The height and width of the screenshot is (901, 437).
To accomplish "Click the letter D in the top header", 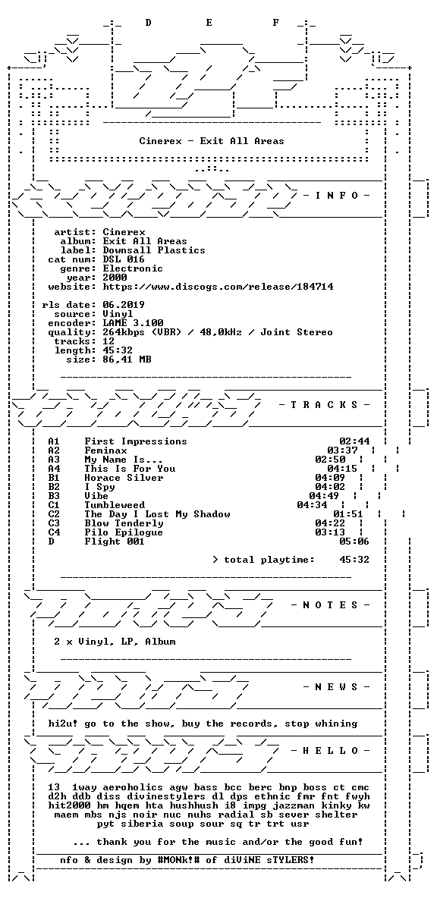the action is pos(149,23).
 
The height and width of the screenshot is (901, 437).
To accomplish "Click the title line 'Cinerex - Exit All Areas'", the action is pos(212,141).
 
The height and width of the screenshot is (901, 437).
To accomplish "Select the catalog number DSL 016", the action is pos(124,259).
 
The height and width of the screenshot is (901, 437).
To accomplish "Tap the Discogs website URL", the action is pos(218,286).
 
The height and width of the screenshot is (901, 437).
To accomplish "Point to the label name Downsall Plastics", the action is pos(154,250).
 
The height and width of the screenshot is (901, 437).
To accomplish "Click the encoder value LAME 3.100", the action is pos(133,323).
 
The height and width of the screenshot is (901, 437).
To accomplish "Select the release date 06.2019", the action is pos(124,305).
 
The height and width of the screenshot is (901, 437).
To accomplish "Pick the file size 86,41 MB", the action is pos(127,359).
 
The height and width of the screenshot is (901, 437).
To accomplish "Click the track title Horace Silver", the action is pos(124,478).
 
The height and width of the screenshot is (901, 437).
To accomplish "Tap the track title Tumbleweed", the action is pos(115,505).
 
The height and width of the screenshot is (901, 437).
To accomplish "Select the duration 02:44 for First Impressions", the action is pos(354,441).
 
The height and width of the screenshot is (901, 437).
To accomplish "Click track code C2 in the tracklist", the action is pos(54,514).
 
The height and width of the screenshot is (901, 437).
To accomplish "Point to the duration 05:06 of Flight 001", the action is pos(354,542).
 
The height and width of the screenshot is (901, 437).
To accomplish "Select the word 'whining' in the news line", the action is pos(336,724).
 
